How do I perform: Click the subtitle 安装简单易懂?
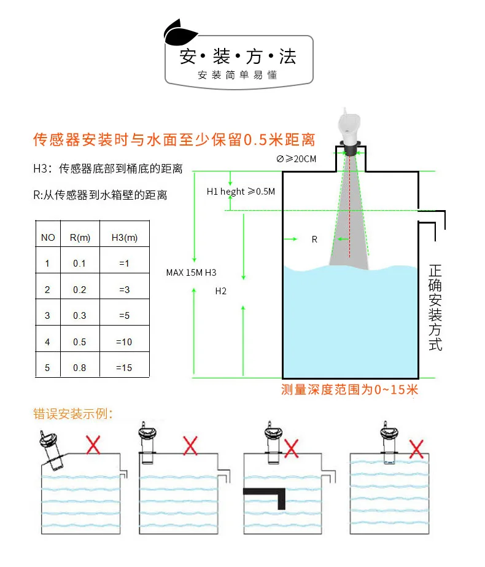tap(238, 76)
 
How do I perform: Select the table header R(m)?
tap(80, 237)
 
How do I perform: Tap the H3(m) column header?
tap(125, 237)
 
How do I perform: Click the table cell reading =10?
tap(124, 342)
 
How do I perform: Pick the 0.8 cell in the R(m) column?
tap(80, 368)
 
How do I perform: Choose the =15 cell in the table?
tap(124, 368)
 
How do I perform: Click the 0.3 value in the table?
tap(80, 316)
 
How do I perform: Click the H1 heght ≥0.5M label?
tap(241, 192)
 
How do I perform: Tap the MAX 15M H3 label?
tap(192, 272)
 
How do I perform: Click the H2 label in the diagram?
tap(221, 291)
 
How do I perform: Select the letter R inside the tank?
tap(314, 240)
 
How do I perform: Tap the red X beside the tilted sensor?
tap(93, 444)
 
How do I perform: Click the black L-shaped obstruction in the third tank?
tap(268, 495)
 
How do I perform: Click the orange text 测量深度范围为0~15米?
tap(349, 389)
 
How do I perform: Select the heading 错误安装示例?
tap(73, 413)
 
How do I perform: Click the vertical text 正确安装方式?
tap(435, 307)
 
